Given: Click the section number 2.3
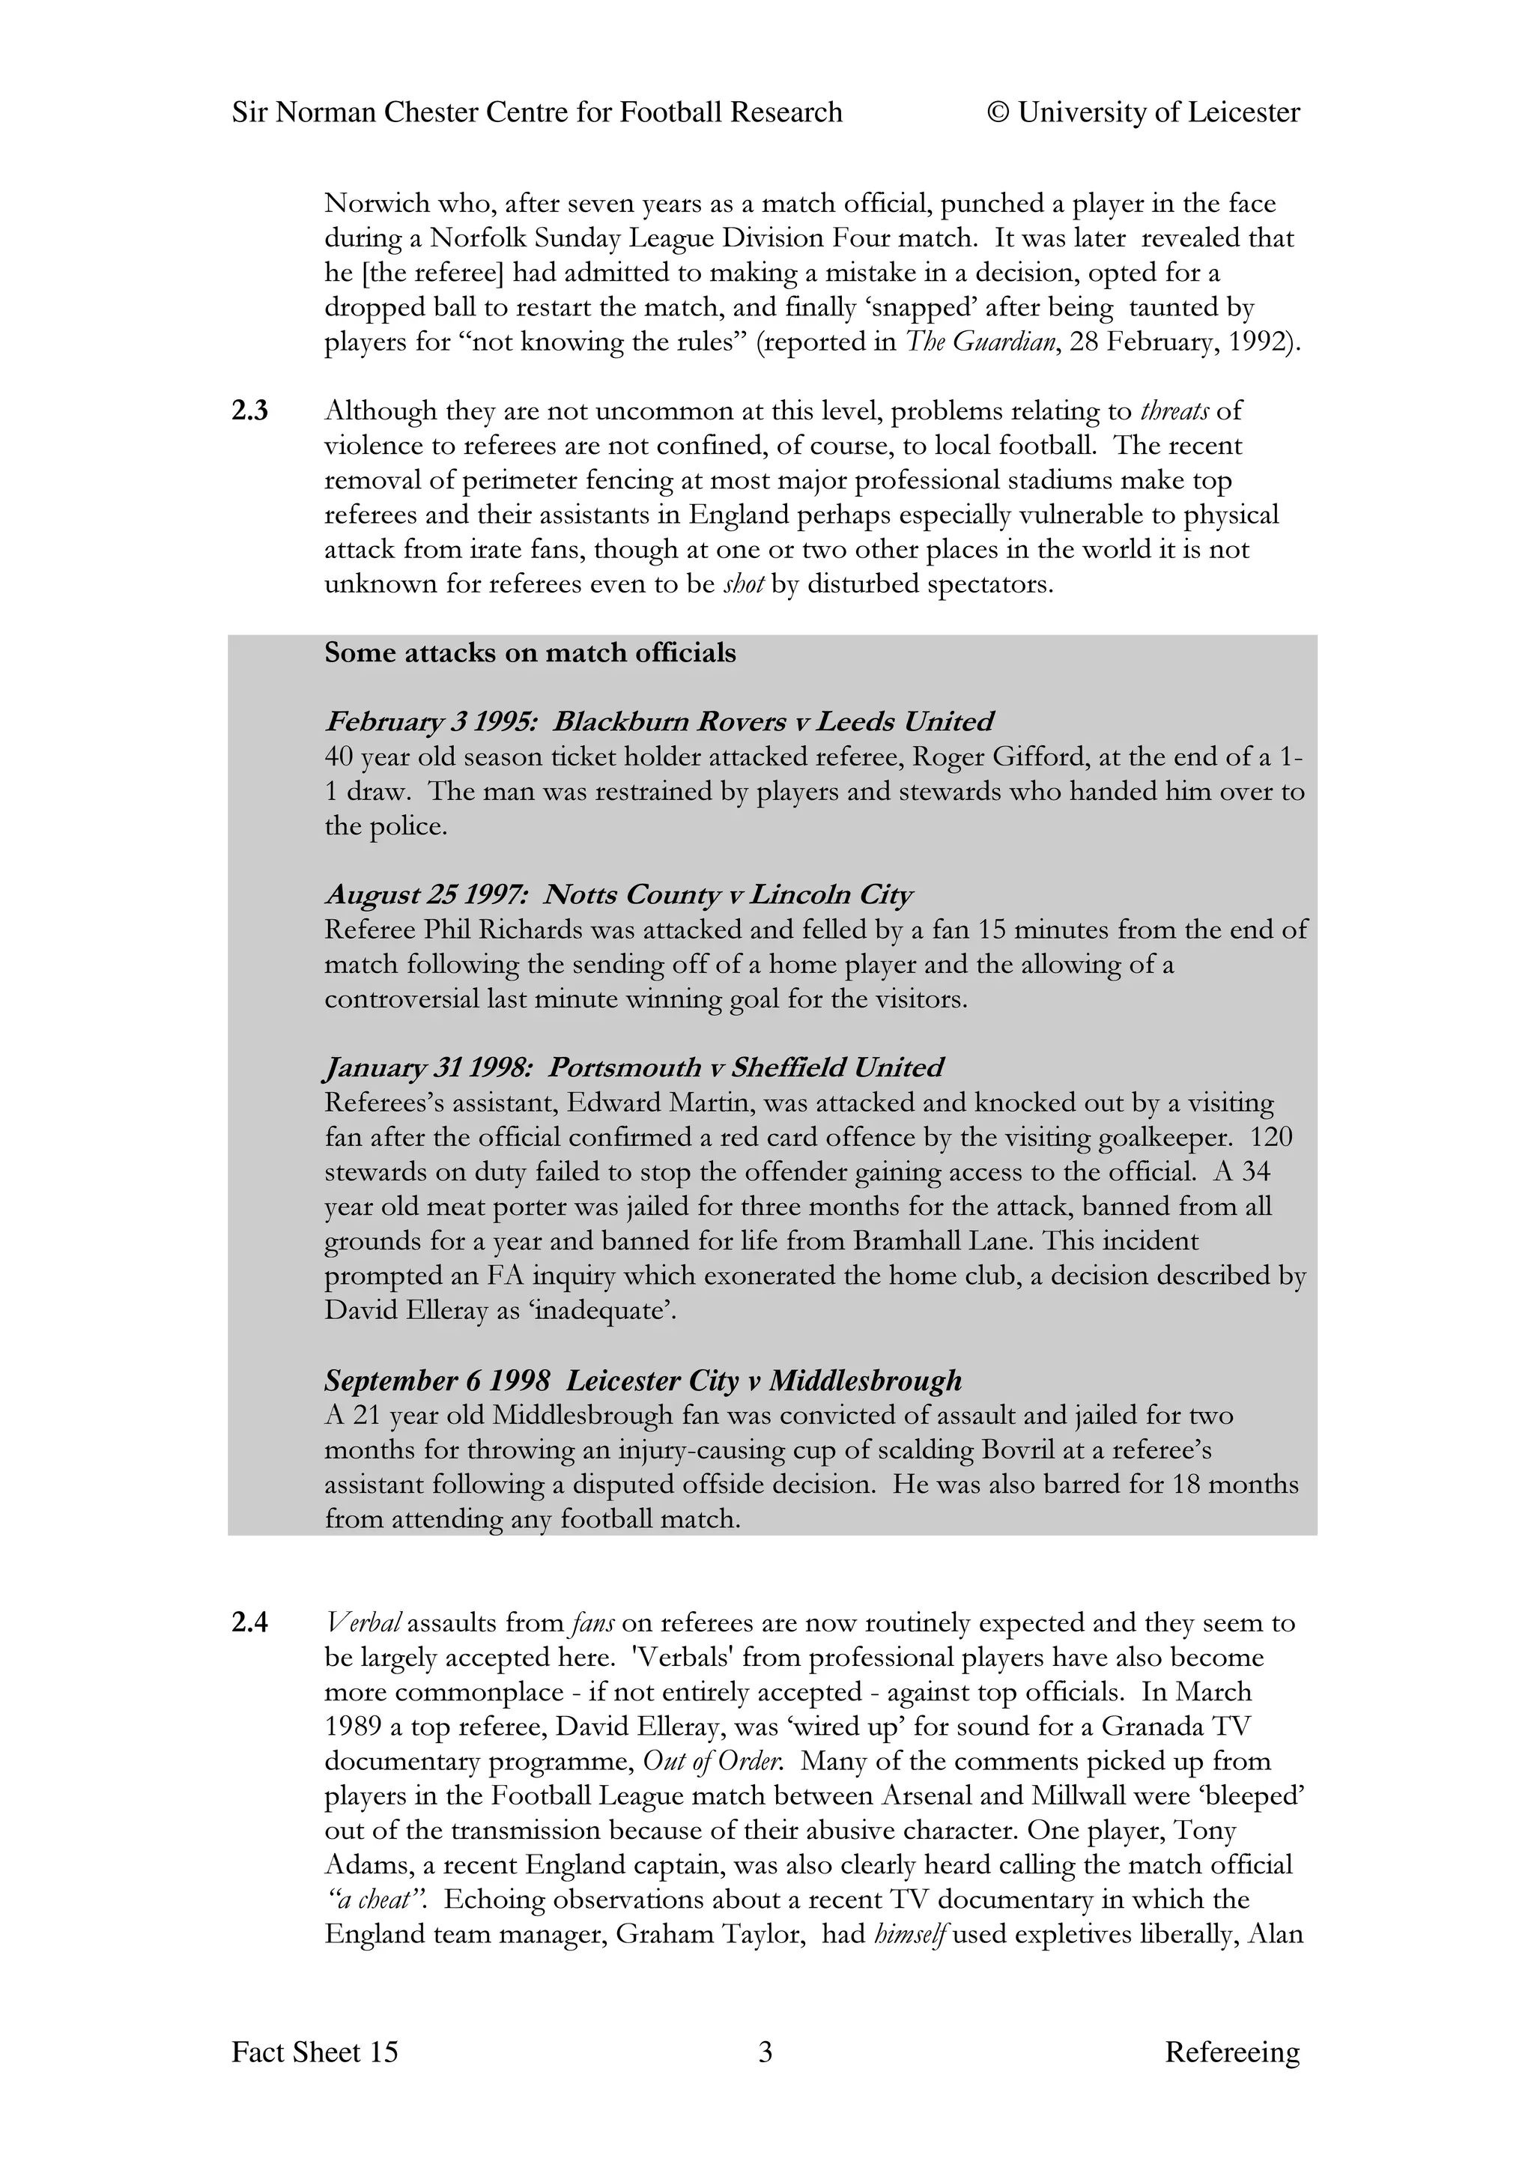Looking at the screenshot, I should [x=250, y=411].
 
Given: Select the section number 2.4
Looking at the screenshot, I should [x=250, y=1623].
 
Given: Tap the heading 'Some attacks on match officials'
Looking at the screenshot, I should [x=530, y=652].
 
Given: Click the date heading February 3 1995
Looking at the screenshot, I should [x=431, y=721].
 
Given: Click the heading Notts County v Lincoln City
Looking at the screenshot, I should [x=728, y=894].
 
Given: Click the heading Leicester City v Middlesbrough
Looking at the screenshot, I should [x=763, y=1381].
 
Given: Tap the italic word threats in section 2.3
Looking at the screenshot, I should [x=1174, y=411].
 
